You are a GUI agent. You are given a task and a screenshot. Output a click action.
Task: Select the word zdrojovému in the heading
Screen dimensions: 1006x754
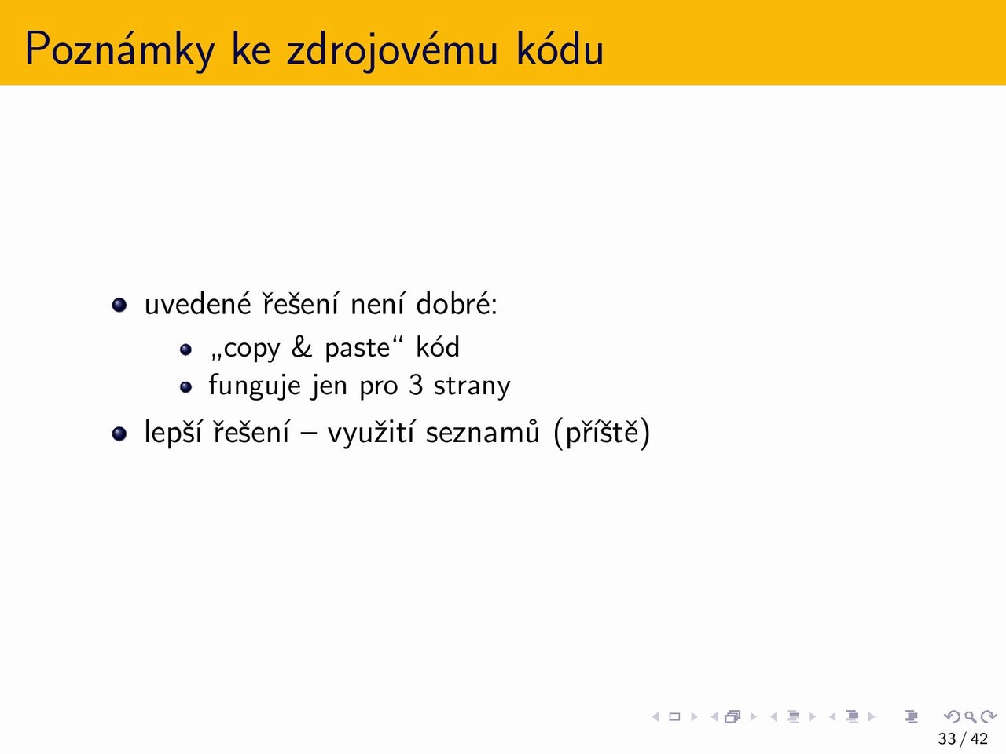(x=392, y=49)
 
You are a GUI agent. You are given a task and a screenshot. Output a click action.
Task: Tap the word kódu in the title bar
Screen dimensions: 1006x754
(x=560, y=48)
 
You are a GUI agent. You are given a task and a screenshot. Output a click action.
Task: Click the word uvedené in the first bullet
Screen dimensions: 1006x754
(x=198, y=303)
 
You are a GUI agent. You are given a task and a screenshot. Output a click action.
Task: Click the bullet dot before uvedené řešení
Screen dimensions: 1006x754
(x=119, y=305)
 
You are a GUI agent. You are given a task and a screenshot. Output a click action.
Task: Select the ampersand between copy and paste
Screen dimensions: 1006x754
(x=302, y=347)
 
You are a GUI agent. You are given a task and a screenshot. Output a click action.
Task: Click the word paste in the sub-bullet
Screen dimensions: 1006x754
(x=358, y=349)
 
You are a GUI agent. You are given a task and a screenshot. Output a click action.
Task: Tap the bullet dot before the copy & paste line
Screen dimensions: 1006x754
(x=185, y=350)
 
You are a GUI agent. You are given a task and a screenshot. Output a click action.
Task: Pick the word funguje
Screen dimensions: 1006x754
(x=255, y=386)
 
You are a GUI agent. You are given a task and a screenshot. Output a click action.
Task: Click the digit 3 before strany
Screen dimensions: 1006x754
(x=415, y=385)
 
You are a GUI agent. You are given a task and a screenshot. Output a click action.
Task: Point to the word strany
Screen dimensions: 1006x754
(x=472, y=387)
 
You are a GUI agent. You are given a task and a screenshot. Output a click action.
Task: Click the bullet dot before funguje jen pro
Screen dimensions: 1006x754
(x=185, y=387)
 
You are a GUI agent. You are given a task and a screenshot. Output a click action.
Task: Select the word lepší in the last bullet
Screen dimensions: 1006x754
(x=173, y=432)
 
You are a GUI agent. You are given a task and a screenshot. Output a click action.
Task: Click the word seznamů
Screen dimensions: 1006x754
(x=483, y=432)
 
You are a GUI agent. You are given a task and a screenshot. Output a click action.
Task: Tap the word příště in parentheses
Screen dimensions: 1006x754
(x=602, y=432)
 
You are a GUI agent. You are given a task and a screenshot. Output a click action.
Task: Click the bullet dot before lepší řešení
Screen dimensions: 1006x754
(x=119, y=434)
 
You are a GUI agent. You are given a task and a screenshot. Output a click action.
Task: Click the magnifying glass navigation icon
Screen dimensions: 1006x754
(x=970, y=716)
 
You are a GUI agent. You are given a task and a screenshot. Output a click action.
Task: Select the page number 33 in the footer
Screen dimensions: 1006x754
(x=947, y=738)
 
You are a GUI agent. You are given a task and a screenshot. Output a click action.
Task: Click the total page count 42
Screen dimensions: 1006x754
(x=979, y=738)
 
